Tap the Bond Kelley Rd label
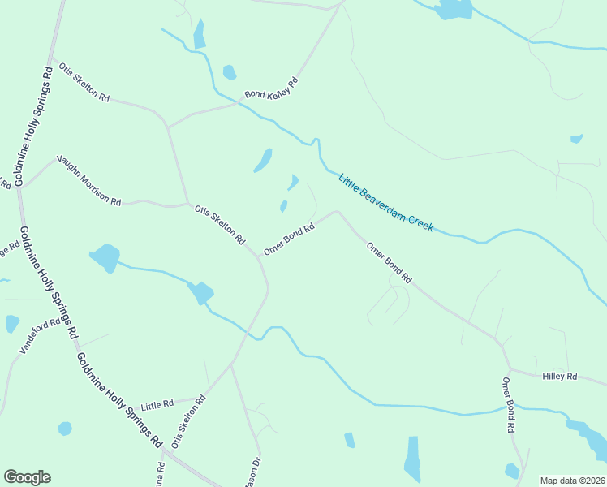click(272, 88)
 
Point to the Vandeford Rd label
click(40, 335)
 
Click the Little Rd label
click(157, 404)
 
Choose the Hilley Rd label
click(560, 377)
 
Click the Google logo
click(27, 477)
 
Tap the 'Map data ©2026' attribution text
click(572, 481)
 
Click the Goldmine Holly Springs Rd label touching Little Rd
click(118, 399)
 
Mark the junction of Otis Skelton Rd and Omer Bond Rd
click(260, 256)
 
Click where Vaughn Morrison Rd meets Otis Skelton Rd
click(187, 203)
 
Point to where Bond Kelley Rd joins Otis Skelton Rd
click(167, 127)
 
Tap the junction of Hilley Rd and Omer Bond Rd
click(509, 370)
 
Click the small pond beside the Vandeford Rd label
click(11, 323)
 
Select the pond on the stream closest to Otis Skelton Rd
click(200, 292)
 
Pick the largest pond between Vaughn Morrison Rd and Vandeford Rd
click(105, 257)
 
